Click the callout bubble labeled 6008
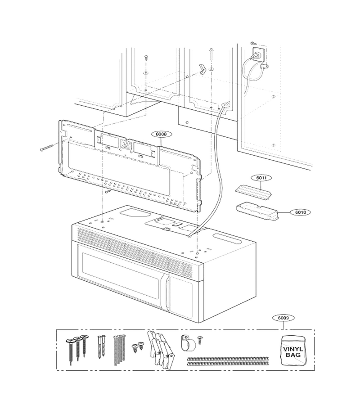click(161, 134)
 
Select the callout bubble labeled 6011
click(261, 178)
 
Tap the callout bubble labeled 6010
click(300, 212)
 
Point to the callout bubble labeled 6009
click(283, 318)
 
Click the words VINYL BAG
click(293, 352)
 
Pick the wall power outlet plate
click(258, 55)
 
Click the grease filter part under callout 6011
click(253, 192)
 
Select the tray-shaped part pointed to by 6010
click(257, 211)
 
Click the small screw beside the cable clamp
click(200, 340)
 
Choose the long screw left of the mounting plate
click(47, 148)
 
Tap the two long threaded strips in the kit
click(228, 361)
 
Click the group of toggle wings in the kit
click(161, 349)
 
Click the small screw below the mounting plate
click(108, 192)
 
